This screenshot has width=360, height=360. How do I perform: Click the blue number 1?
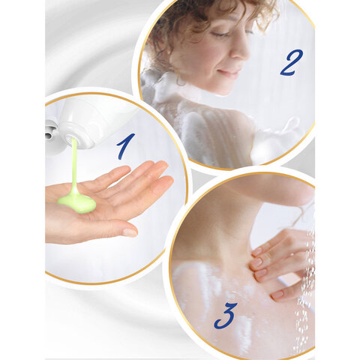[126, 146]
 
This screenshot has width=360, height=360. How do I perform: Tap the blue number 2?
[292, 62]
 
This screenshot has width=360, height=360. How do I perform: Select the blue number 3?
[226, 316]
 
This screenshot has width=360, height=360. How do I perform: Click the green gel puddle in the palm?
[77, 203]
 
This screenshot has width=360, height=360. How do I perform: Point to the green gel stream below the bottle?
[74, 165]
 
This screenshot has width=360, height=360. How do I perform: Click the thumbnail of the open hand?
[130, 232]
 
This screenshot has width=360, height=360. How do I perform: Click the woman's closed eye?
[220, 34]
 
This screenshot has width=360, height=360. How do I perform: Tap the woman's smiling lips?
[226, 72]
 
